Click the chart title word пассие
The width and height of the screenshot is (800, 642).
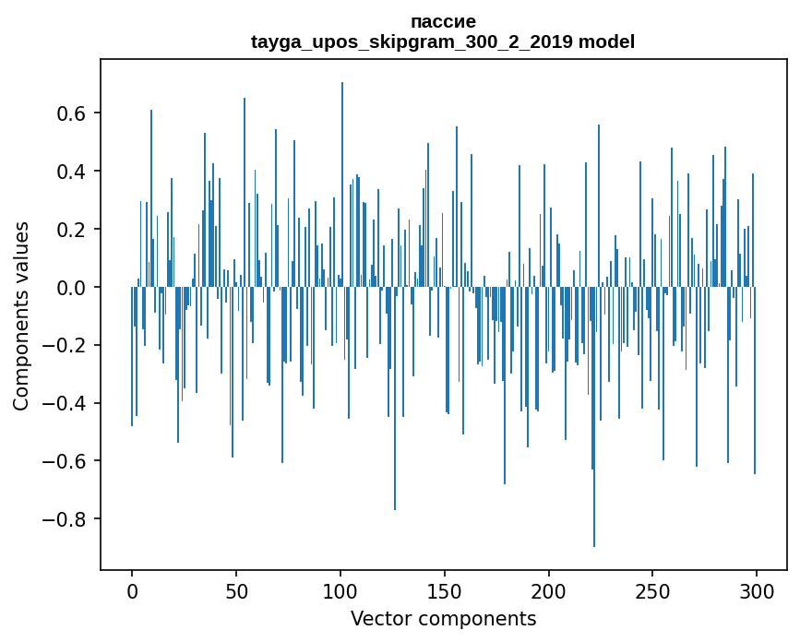pos(443,21)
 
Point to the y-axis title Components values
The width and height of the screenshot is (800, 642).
pos(21,315)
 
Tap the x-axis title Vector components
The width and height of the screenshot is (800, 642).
pos(443,619)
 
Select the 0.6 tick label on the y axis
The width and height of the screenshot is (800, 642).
pos(67,113)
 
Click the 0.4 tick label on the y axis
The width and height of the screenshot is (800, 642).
pos(67,172)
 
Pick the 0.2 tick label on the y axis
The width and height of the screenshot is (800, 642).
pos(67,230)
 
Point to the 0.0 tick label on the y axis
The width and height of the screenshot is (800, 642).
pos(67,288)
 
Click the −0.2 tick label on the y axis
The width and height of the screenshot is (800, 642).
pos(62,345)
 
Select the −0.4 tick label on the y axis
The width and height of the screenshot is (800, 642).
pos(62,403)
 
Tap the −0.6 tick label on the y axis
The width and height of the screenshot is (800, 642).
pos(62,461)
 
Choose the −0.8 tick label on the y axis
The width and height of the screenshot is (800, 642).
pos(62,519)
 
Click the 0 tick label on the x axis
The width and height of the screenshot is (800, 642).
pos(132,590)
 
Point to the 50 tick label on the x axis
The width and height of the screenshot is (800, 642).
pos(236,590)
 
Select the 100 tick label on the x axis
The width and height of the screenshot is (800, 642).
pos(340,590)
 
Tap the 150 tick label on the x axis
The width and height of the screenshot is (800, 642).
pos(445,590)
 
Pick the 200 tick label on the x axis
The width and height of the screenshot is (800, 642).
pos(549,590)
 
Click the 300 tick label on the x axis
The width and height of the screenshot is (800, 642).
pos(757,590)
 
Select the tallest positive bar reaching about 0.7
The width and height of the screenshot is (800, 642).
pos(342,184)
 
